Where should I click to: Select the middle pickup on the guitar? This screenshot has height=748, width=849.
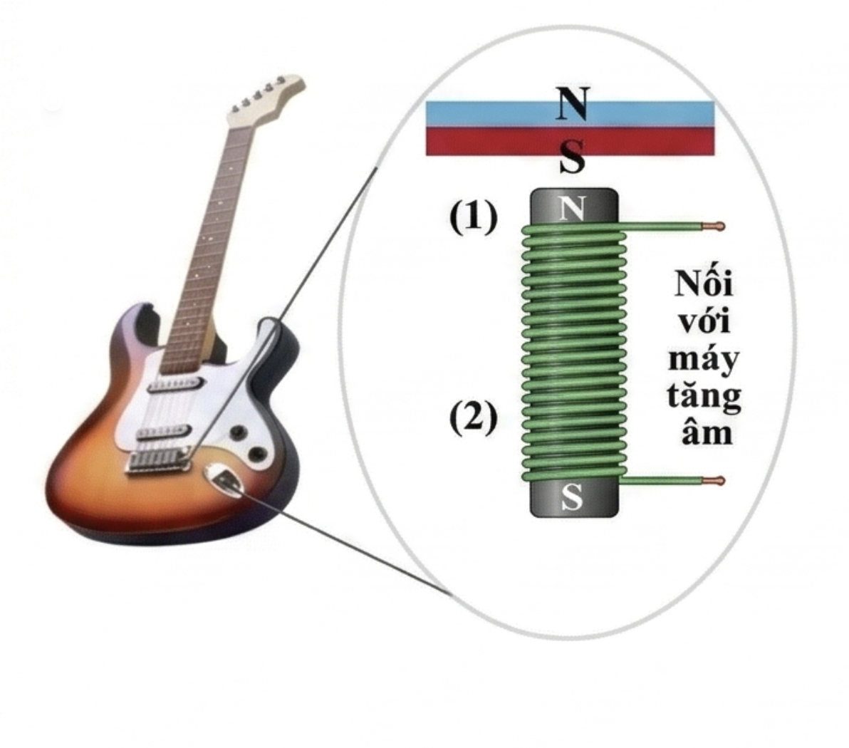click(x=165, y=432)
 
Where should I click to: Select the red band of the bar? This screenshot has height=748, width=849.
click(x=570, y=141)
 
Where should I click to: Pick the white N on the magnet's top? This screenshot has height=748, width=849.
click(x=573, y=208)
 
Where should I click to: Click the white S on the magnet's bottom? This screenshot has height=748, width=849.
click(x=572, y=497)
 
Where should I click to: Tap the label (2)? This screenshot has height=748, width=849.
click(x=473, y=418)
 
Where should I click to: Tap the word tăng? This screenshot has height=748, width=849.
click(x=704, y=397)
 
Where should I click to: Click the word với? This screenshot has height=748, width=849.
click(x=704, y=321)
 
